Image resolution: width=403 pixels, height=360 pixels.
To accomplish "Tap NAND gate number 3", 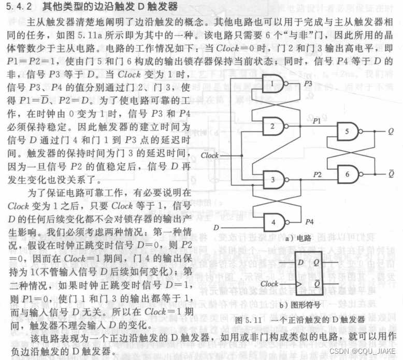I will (x=275, y=180).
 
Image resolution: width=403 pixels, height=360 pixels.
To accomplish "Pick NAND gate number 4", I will (x=275, y=223).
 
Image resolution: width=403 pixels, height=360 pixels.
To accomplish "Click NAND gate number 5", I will (x=348, y=132).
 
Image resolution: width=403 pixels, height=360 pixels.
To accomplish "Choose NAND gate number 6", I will (x=348, y=175).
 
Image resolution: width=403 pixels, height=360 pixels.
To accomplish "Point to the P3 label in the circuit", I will (x=308, y=82).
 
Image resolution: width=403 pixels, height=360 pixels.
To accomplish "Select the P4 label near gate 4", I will (x=309, y=222).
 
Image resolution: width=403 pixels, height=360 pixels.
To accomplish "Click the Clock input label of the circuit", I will (x=209, y=155).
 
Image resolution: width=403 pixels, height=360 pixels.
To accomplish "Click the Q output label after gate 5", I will (x=391, y=132).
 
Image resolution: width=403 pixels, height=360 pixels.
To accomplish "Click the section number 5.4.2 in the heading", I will (x=19, y=7).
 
